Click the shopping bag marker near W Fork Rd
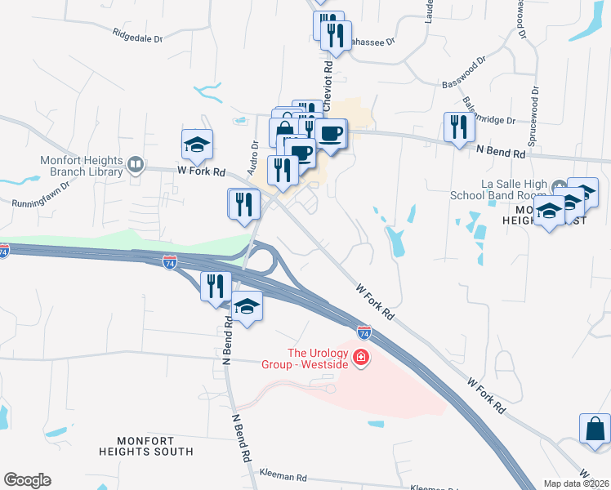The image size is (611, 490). click(x=595, y=429)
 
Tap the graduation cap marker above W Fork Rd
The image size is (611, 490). click(x=197, y=144)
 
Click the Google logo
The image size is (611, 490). click(x=27, y=480)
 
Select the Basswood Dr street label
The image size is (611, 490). click(x=463, y=71)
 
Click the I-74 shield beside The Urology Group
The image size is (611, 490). click(x=364, y=332)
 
